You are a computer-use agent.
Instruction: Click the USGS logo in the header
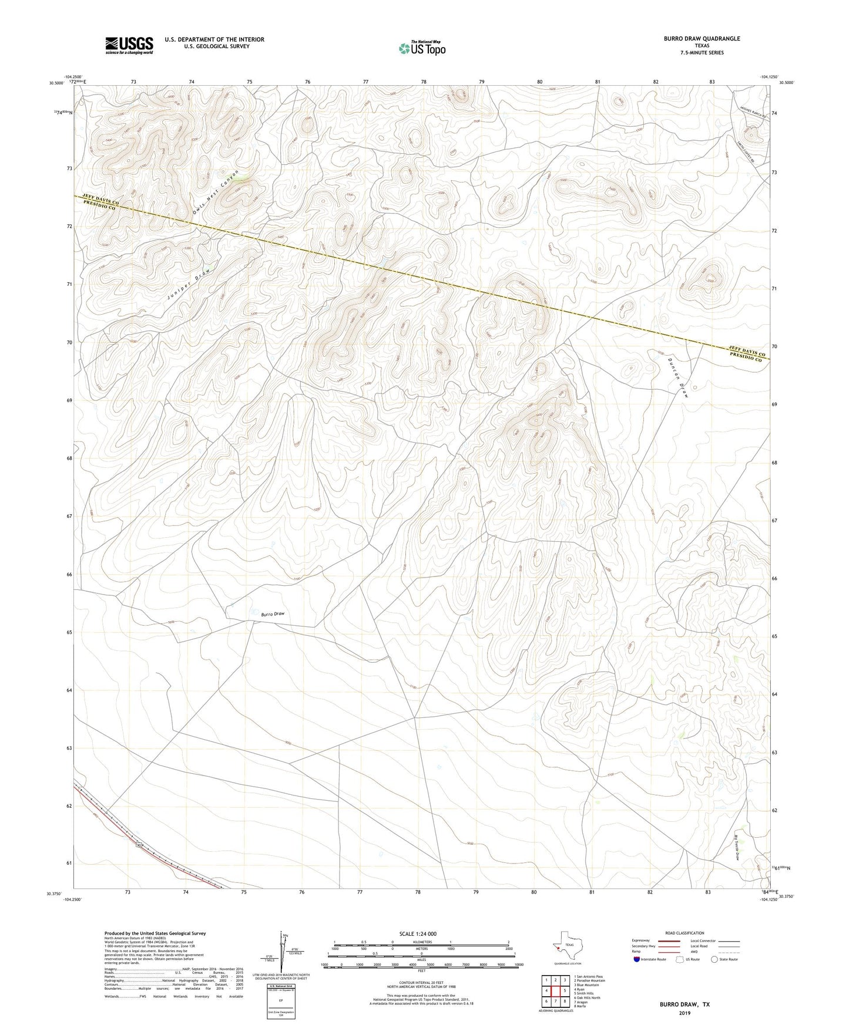(x=129, y=45)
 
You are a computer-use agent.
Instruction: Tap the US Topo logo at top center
(x=421, y=48)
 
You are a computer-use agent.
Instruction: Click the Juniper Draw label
(x=188, y=285)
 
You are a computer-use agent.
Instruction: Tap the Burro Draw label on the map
(x=273, y=614)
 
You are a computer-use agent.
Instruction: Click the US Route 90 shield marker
(x=139, y=845)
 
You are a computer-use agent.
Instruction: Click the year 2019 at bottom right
(x=684, y=1013)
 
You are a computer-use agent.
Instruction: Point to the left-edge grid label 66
(x=69, y=574)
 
